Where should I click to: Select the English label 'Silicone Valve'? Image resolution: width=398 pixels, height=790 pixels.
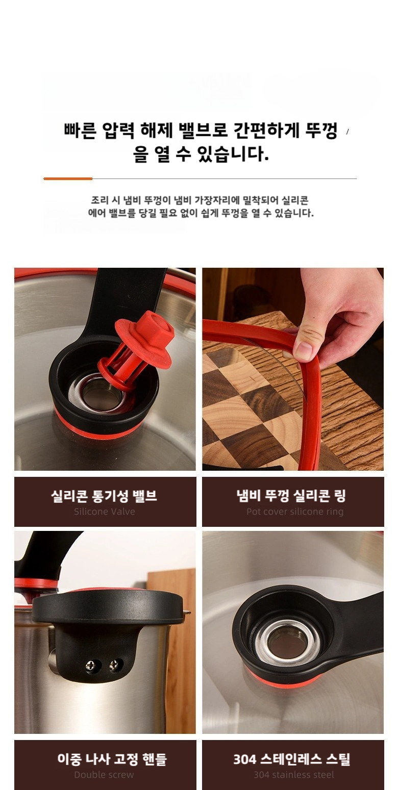pos(105,512)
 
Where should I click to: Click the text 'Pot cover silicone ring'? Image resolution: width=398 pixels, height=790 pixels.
pos(294,512)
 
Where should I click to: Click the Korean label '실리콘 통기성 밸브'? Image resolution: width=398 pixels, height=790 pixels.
pos(104,496)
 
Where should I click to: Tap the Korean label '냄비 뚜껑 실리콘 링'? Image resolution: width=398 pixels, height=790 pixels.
pos(291,496)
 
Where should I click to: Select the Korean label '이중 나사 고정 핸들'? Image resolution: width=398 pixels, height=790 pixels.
pos(112,759)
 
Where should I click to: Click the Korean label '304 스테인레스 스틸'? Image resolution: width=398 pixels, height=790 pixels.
pos(291,759)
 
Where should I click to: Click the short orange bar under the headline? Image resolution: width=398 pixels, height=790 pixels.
pos(68,179)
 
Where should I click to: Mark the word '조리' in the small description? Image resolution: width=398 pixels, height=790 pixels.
pos(99,200)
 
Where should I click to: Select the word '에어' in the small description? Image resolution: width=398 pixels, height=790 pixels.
pos(96,213)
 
